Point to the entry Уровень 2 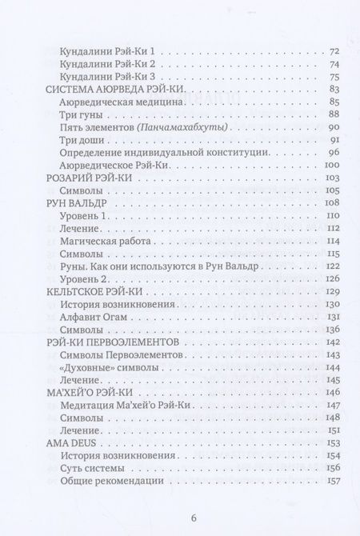pos(84,279)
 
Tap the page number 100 pos(332,165)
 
